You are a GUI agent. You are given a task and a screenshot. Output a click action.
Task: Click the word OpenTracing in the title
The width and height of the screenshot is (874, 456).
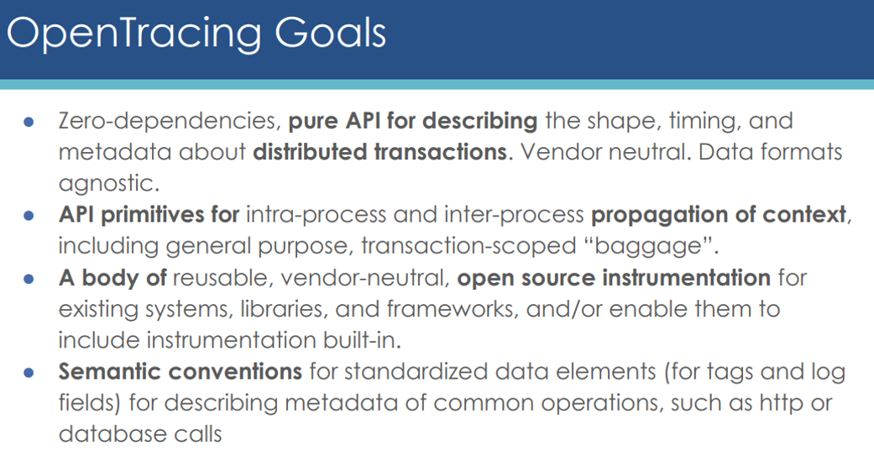click(x=133, y=34)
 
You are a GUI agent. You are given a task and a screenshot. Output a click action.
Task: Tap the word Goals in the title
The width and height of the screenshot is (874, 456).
click(x=330, y=33)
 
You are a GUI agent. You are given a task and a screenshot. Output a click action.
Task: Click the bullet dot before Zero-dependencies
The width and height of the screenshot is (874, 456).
click(x=29, y=122)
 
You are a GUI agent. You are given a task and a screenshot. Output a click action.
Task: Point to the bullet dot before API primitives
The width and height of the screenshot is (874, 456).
click(x=29, y=215)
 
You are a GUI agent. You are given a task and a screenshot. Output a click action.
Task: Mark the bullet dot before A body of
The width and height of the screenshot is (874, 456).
click(x=29, y=278)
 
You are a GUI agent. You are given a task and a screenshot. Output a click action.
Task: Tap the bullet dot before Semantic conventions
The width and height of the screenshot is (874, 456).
click(x=29, y=372)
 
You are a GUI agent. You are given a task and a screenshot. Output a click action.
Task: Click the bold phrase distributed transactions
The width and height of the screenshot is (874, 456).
click(x=380, y=152)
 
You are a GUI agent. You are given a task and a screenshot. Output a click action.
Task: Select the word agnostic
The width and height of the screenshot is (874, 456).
click(x=107, y=184)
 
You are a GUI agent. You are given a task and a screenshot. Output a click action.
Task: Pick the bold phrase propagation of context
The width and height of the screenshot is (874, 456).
click(x=719, y=216)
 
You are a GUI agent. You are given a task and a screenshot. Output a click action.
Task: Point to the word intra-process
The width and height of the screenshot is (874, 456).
click(x=316, y=216)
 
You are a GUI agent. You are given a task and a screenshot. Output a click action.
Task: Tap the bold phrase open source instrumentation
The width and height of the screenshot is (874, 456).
click(x=615, y=278)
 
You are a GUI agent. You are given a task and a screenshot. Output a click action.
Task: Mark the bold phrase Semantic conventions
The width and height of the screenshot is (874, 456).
click(x=180, y=371)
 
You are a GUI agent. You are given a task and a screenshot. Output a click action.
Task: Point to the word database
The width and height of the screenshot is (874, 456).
click(x=107, y=434)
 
